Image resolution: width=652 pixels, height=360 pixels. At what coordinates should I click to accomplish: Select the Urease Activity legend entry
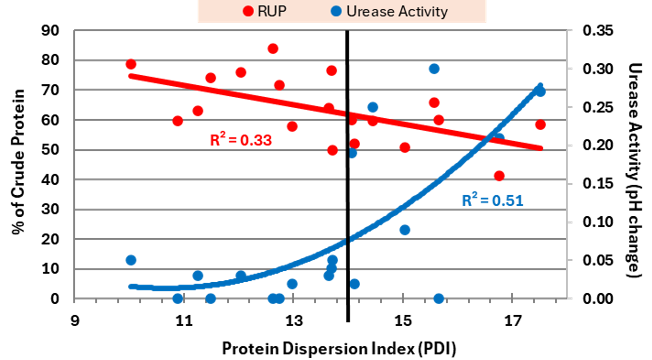390,11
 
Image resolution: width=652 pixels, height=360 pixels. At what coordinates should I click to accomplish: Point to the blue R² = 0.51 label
495,199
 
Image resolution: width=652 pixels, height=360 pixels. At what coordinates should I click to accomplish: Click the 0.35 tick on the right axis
589,31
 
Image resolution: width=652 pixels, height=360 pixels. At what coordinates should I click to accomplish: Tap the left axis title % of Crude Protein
17,165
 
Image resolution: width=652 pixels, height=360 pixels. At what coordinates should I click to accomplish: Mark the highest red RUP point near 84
272,48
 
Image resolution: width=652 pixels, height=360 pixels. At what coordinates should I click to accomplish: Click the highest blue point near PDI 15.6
434,69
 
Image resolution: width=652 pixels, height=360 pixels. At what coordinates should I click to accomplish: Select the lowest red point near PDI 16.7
499,176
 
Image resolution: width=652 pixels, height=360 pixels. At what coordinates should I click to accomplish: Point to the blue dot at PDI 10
131,260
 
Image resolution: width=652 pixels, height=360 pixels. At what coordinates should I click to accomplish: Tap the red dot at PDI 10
131,64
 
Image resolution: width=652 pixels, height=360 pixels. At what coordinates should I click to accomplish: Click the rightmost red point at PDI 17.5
540,125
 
